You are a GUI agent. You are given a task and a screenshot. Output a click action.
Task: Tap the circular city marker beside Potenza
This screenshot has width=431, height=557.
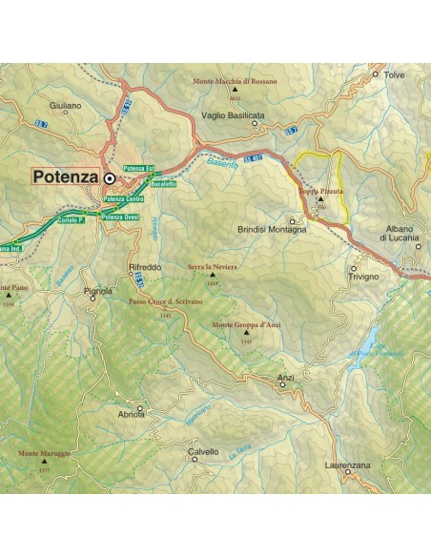pyautogui.click(x=110, y=177)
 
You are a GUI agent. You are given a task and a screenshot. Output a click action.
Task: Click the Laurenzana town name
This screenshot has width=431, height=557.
pyautogui.click(x=346, y=464)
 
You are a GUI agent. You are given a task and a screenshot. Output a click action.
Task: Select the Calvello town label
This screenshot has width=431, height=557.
pyautogui.click(x=203, y=451)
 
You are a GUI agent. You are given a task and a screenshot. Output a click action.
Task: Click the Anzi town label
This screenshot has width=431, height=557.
pyautogui.click(x=285, y=378)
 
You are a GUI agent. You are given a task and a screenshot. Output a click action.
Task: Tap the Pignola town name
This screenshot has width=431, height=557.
pyautogui.click(x=98, y=290)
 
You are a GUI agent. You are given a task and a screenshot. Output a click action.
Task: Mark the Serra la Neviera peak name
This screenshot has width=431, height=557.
pyautogui.click(x=213, y=268)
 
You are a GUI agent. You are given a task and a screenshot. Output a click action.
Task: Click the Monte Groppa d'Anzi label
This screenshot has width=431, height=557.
pyautogui.click(x=245, y=326)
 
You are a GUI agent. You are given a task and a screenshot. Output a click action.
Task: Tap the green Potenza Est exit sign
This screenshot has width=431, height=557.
pyautogui.click(x=138, y=169)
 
